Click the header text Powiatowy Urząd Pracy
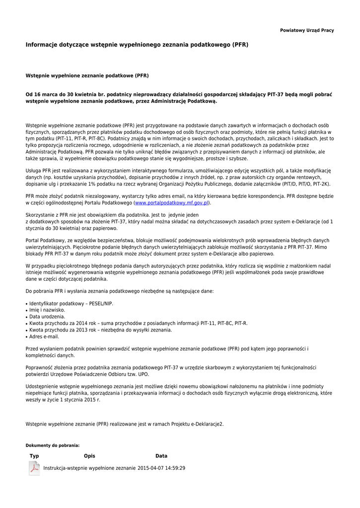[x=307, y=30]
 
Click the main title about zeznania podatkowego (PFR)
[x=137, y=45]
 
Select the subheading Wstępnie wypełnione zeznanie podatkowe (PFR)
[x=87, y=76]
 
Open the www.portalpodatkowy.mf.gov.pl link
[x=172, y=203]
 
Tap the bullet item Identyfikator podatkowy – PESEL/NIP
[x=71, y=304]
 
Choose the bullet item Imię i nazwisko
[x=47, y=310]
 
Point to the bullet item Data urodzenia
[x=47, y=317]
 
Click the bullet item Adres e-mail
[x=44, y=336]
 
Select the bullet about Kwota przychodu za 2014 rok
[x=138, y=323]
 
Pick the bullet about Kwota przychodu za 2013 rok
[x=100, y=330]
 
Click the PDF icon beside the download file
[x=34, y=468]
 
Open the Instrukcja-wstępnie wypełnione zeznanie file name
[x=89, y=468]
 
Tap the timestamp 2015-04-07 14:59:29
[x=161, y=468]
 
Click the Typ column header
[x=34, y=456]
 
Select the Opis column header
[x=89, y=456]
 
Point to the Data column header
[x=161, y=456]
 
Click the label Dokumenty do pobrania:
[x=53, y=445]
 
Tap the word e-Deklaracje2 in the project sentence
[x=207, y=424]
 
